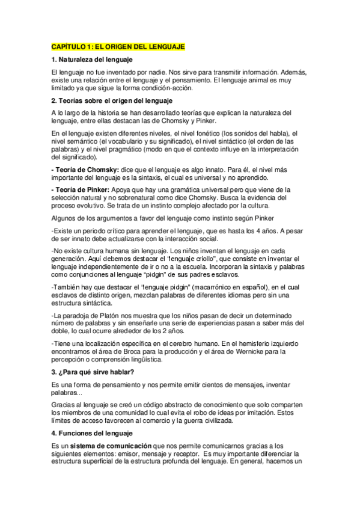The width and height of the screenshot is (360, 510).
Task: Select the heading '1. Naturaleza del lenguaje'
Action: pos(92,60)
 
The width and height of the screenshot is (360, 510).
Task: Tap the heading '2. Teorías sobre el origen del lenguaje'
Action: pos(112,100)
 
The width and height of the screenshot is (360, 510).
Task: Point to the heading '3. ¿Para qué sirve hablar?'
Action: pos(93,372)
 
